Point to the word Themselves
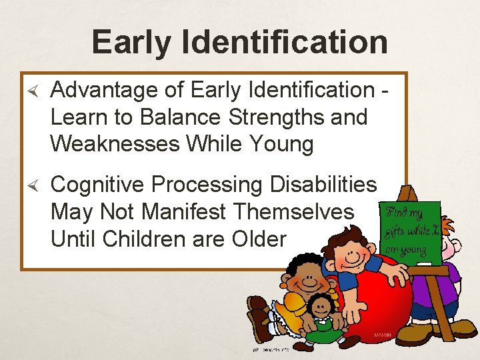tap(293, 212)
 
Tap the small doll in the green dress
tap(323, 313)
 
